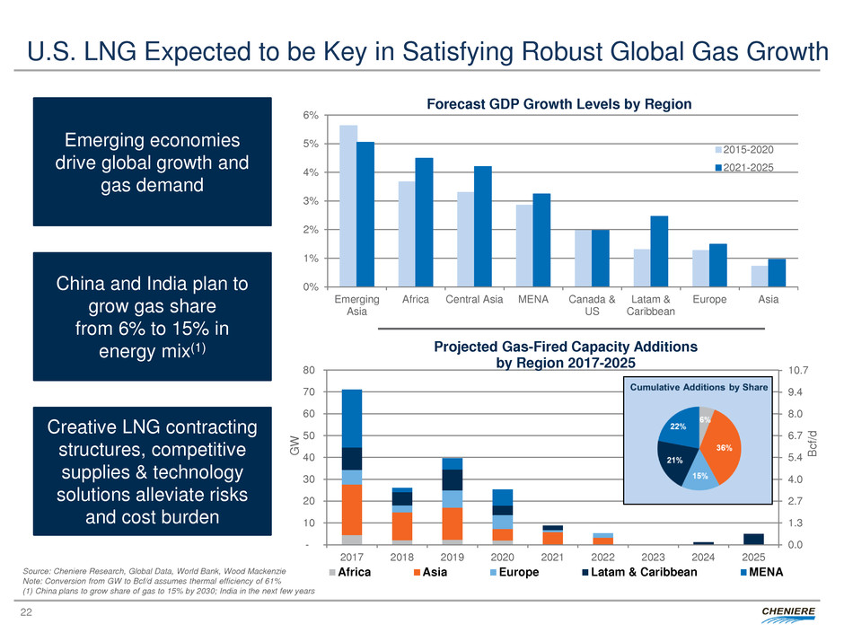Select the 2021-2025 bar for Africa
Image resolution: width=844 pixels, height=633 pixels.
[424, 223]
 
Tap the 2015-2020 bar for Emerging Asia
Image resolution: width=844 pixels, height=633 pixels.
[348, 207]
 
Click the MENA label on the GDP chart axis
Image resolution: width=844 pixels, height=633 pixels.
[532, 299]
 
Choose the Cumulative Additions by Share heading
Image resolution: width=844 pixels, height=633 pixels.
[697, 388]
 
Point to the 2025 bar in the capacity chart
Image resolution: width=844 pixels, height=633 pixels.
[753, 539]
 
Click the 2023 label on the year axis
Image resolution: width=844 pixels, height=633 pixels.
[653, 557]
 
